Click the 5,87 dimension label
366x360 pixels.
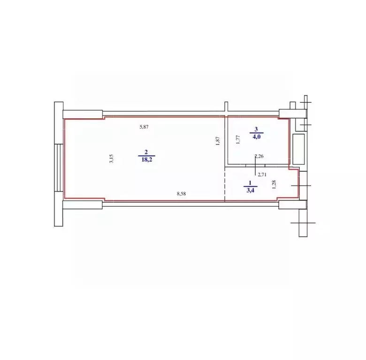tap(144, 127)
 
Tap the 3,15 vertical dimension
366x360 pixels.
tap(111, 159)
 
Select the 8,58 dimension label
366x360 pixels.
tap(182, 193)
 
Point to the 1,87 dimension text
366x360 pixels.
tap(218, 141)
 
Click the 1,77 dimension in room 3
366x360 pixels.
tap(238, 139)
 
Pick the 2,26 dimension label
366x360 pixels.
tap(259, 156)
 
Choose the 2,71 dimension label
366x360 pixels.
tap(262, 175)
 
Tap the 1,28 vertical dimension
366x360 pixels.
tap(274, 184)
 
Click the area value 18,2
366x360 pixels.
tap(146, 160)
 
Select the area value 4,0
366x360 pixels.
tap(256, 137)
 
